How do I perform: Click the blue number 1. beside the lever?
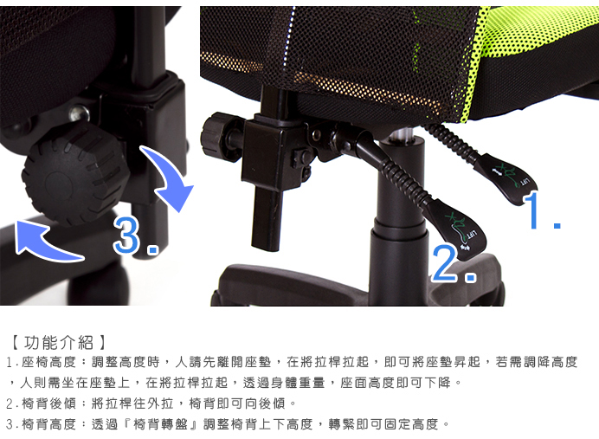(542, 212)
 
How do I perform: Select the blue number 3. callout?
(134, 236)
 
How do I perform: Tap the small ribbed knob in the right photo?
(216, 137)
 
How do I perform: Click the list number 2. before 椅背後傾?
(10, 403)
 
